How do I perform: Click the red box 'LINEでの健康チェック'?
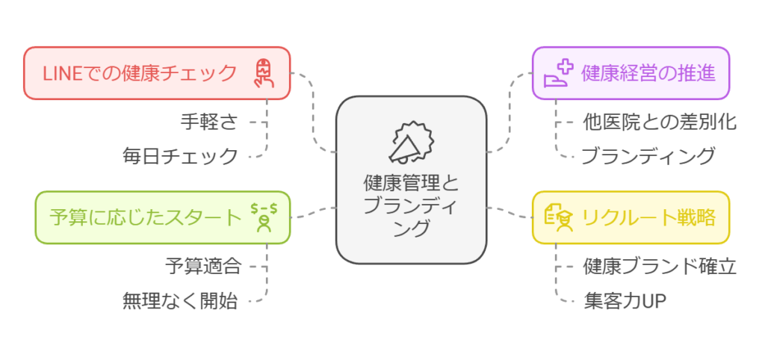tap(156, 73)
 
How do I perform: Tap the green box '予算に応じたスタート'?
tap(162, 217)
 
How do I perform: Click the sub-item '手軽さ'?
tap(208, 121)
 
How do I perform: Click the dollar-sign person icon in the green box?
tap(264, 217)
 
